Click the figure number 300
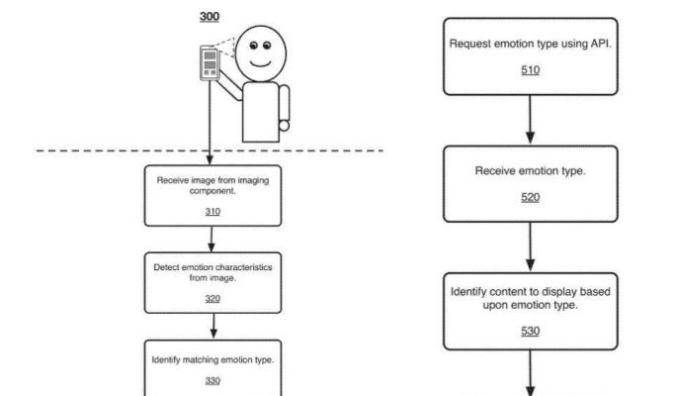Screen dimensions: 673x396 (x=210, y=17)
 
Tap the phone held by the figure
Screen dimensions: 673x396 (x=210, y=63)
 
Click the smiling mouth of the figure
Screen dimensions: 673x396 (x=261, y=64)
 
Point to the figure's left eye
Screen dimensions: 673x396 (x=254, y=46)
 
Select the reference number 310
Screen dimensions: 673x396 (x=212, y=212)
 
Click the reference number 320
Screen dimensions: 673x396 (x=212, y=298)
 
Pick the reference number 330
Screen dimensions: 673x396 (x=212, y=380)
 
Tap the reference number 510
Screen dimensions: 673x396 (x=530, y=70)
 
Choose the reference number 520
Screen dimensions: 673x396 (x=530, y=197)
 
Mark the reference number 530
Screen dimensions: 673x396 (x=530, y=331)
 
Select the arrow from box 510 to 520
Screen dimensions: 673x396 (x=530, y=119)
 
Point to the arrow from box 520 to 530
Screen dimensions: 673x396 (x=530, y=247)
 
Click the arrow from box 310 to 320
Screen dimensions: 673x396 (x=211, y=239)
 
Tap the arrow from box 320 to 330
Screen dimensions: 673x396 (x=213, y=326)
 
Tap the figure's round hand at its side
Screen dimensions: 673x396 (x=284, y=126)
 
